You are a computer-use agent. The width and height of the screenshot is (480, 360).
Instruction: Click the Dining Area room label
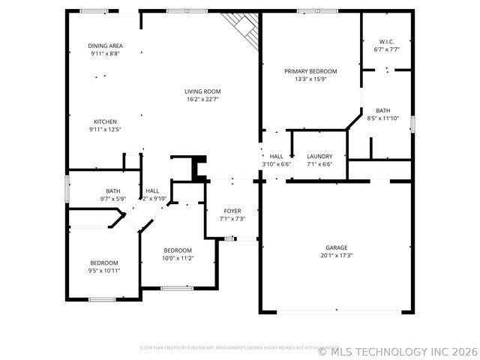(x=105, y=46)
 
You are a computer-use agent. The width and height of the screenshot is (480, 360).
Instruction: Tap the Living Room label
(x=202, y=91)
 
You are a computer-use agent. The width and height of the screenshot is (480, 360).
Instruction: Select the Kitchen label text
(x=105, y=121)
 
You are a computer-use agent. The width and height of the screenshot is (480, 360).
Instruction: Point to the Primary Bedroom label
(x=310, y=71)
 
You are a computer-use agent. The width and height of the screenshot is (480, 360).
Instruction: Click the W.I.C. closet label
(x=386, y=42)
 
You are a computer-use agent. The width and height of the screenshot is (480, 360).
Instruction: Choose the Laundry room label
(x=319, y=156)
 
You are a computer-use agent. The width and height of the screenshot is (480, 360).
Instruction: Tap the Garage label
(x=336, y=247)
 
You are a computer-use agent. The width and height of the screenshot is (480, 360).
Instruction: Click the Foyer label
(x=232, y=211)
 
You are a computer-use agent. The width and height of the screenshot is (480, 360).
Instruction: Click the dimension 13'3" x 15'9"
(x=310, y=79)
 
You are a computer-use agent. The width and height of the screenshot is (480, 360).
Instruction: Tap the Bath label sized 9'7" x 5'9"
(x=113, y=191)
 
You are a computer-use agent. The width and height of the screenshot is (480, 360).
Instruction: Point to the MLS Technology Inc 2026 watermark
(x=397, y=351)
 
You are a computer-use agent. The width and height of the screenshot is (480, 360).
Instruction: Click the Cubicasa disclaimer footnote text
(x=239, y=347)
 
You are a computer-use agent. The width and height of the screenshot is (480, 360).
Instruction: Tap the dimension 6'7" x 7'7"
(x=386, y=49)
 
